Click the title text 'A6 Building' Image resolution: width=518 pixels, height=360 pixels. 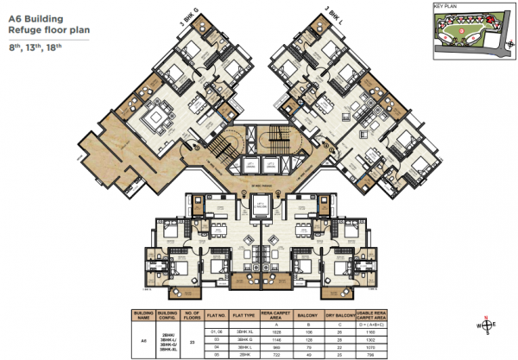(x=37, y=14)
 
